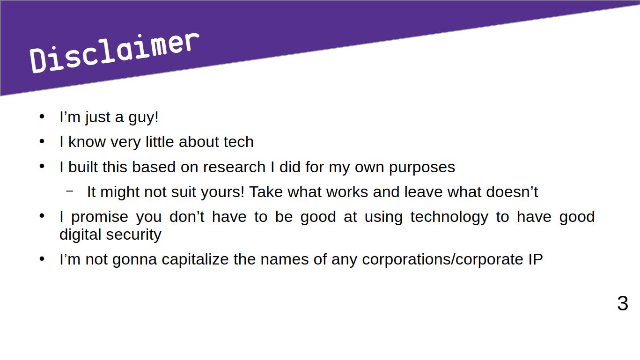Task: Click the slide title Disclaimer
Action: (114, 52)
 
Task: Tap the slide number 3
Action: (623, 303)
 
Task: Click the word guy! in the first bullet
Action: (143, 118)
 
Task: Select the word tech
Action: (239, 142)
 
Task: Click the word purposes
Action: (422, 168)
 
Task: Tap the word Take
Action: (266, 192)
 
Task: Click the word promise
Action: (100, 217)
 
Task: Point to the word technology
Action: (449, 217)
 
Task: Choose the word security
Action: (134, 235)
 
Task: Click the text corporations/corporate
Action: (442, 260)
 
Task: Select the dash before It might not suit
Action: (70, 191)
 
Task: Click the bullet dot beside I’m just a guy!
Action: (42, 117)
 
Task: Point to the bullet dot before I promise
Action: (42, 216)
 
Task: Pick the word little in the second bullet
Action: (160, 142)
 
